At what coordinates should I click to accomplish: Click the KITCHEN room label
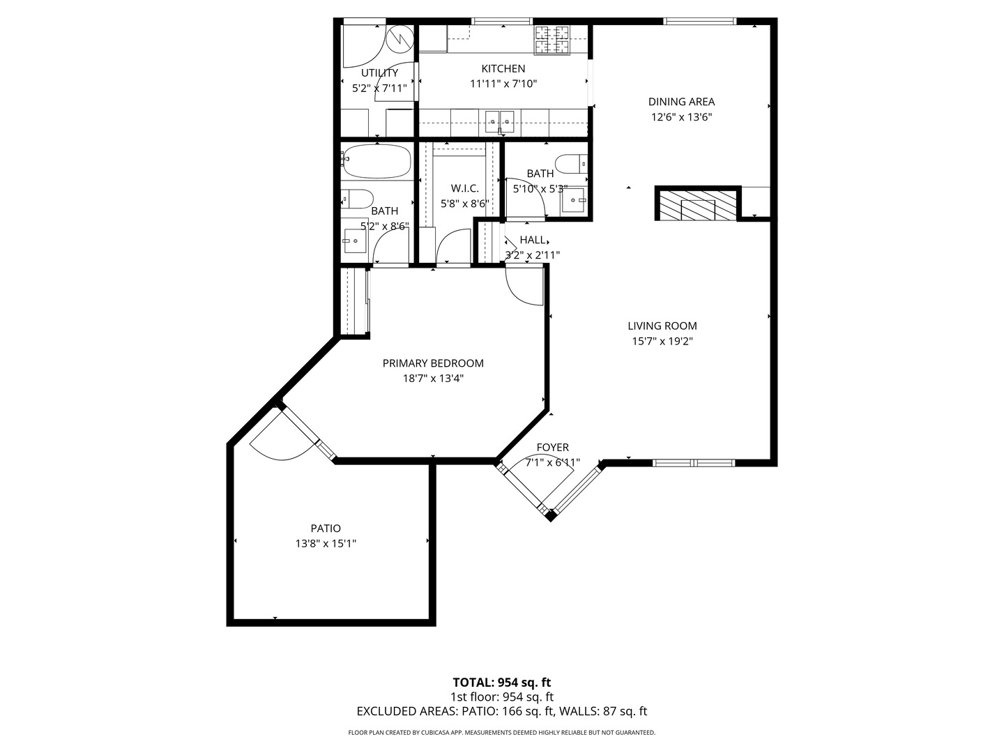503,68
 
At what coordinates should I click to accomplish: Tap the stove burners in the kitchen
552,40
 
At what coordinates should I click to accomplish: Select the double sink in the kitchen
500,121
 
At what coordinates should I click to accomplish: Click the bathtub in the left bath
377,162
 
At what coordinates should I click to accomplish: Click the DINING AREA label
681,102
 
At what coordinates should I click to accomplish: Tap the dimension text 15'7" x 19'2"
662,342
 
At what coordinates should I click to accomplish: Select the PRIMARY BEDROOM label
432,363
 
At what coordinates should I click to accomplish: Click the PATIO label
326,528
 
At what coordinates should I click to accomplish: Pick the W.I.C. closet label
464,188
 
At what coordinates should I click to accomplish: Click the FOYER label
552,448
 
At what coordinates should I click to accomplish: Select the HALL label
533,240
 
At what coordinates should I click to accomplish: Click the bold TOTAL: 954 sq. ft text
501,683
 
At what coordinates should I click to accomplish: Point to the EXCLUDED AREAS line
501,712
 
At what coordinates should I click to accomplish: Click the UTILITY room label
379,73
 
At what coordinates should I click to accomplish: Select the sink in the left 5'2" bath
354,241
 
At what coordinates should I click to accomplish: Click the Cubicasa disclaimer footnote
501,733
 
